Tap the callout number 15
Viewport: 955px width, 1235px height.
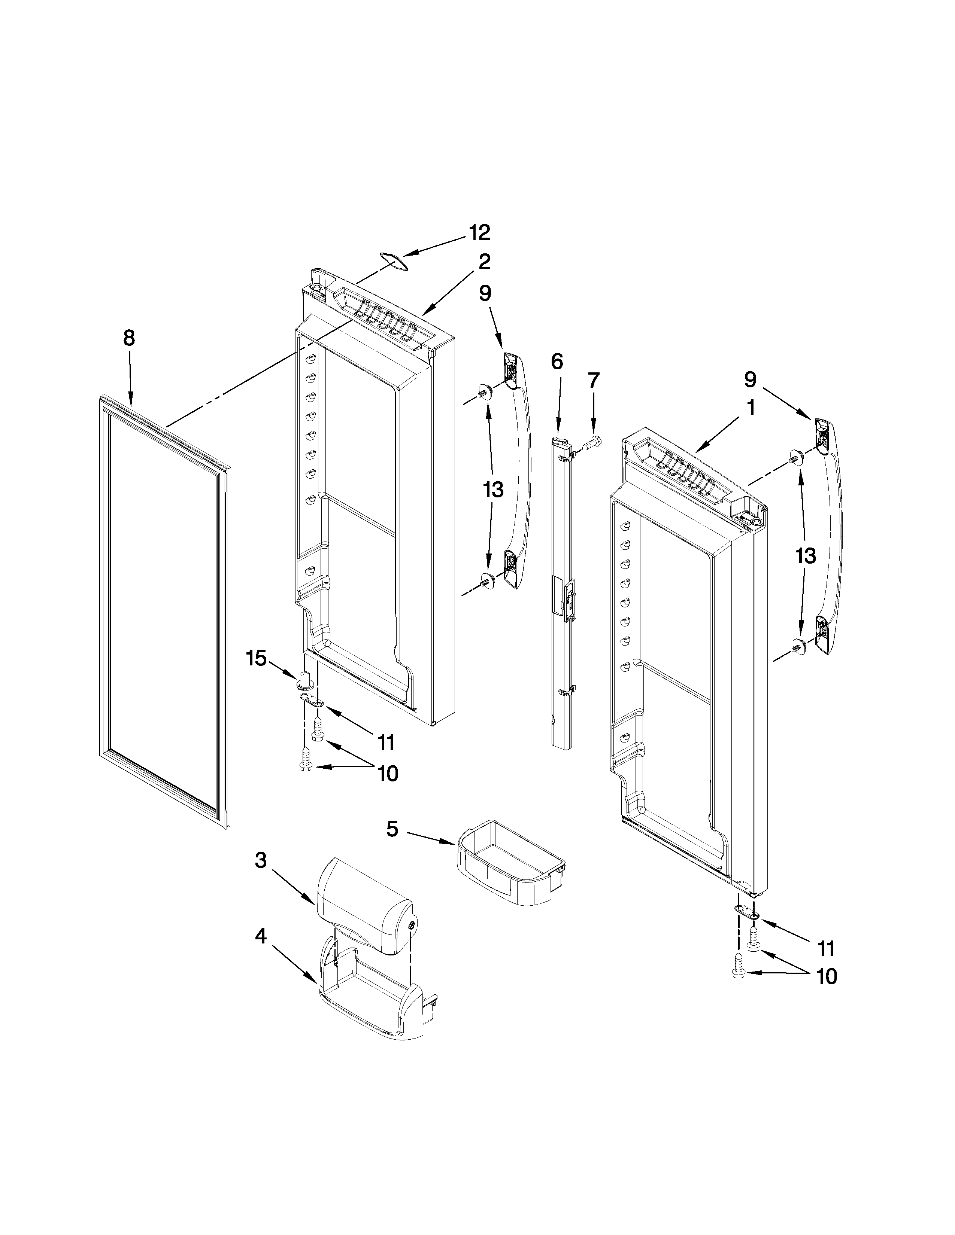pyautogui.click(x=256, y=658)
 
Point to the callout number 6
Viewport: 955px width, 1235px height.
pyautogui.click(x=557, y=361)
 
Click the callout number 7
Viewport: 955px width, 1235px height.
pyautogui.click(x=592, y=381)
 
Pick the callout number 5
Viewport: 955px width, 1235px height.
pyautogui.click(x=392, y=830)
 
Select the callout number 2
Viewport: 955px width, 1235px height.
pyautogui.click(x=484, y=262)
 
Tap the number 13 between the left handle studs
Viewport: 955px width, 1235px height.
pyautogui.click(x=493, y=490)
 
